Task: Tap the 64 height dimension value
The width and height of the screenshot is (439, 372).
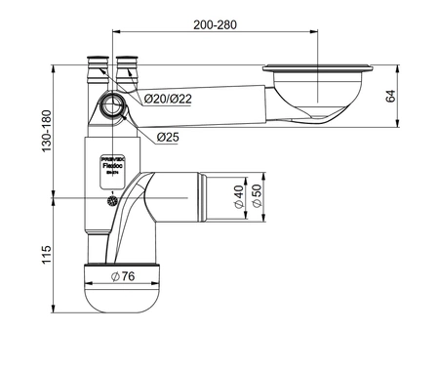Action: click(x=390, y=96)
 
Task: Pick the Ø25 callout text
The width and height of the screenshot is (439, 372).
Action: click(x=168, y=137)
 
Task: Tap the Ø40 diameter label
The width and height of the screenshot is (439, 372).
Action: click(x=239, y=198)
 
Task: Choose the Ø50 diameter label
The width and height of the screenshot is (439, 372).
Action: click(x=257, y=198)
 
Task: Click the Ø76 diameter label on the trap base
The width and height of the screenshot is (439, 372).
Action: click(x=122, y=277)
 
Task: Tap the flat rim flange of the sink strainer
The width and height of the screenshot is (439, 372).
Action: click(x=316, y=68)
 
